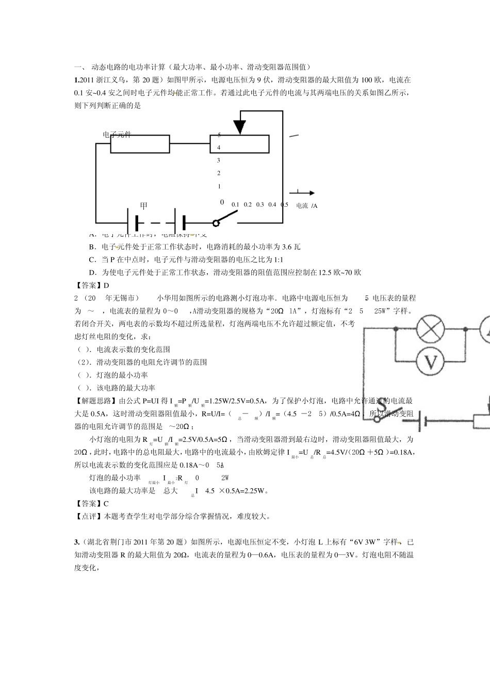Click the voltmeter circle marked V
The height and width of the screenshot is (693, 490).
click(430, 362)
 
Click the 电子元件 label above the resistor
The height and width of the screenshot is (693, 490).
click(117, 135)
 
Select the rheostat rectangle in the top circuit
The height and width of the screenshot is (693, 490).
click(239, 144)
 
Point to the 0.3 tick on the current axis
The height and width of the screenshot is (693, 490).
click(259, 205)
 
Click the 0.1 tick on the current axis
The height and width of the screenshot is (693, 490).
click(235, 205)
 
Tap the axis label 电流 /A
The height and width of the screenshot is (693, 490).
click(307, 206)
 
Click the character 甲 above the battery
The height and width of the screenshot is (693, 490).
click(144, 205)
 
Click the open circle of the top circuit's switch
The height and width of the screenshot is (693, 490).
click(216, 223)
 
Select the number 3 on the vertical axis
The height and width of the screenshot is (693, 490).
click(219, 160)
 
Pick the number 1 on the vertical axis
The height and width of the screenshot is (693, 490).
click(219, 186)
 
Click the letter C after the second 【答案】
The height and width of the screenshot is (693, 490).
click(106, 504)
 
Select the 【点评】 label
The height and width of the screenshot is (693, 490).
click(89, 516)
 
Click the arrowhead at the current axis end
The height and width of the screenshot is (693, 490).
click(312, 193)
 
